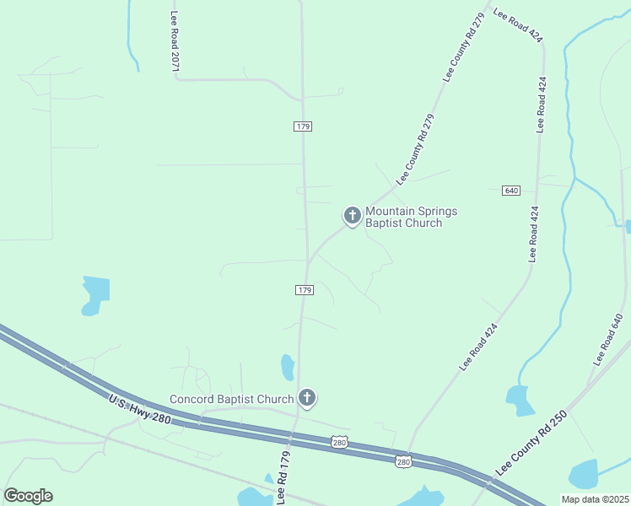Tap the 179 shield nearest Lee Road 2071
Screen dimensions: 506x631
click(304, 126)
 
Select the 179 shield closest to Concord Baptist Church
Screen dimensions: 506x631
click(305, 290)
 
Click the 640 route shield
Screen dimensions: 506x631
click(510, 190)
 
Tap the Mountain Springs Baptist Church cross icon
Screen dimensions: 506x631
click(352, 215)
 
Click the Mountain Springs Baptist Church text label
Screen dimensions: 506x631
click(403, 218)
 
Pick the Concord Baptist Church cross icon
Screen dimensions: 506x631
click(307, 397)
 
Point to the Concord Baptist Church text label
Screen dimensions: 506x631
click(231, 399)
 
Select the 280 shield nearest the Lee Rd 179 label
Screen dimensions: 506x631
click(338, 442)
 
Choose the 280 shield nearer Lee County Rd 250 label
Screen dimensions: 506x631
click(403, 460)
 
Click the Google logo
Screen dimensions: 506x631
click(28, 496)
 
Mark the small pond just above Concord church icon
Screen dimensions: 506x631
click(288, 367)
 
